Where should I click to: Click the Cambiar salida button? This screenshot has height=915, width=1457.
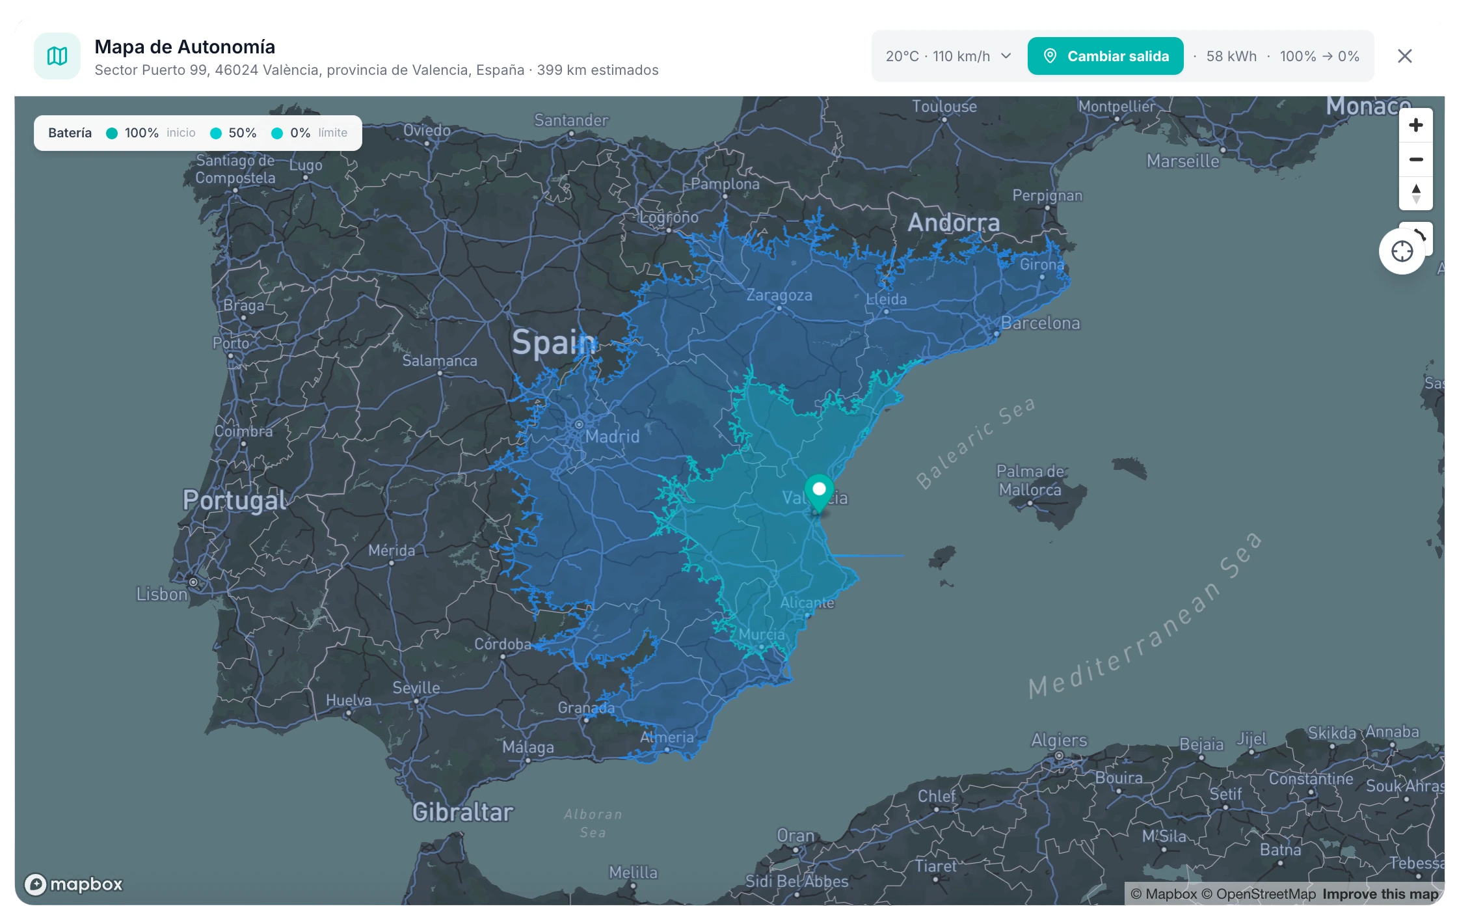[x=1105, y=56]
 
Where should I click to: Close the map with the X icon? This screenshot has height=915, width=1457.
[x=1404, y=56]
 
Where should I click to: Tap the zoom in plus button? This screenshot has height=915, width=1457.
[x=1415, y=125]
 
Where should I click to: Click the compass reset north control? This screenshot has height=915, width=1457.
[x=1415, y=193]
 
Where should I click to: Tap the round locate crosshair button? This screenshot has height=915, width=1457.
[x=1402, y=251]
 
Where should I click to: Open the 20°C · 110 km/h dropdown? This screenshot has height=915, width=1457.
[x=948, y=56]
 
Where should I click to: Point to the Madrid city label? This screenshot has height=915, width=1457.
[x=612, y=436]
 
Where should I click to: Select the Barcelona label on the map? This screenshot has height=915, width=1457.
[x=1040, y=323]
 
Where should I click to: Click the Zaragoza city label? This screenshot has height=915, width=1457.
[x=779, y=295]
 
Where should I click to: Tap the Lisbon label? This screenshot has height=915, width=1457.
[x=161, y=594]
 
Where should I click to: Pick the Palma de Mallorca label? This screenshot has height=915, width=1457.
[x=1030, y=480]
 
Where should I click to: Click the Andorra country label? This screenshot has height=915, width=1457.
[x=954, y=223]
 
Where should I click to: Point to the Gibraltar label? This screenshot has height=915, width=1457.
[x=462, y=812]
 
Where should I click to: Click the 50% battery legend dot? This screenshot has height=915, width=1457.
[x=216, y=133]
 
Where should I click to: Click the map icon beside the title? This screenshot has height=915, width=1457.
[x=57, y=56]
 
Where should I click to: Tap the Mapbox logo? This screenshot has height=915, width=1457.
[x=74, y=884]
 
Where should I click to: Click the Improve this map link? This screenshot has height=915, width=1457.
[x=1380, y=894]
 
